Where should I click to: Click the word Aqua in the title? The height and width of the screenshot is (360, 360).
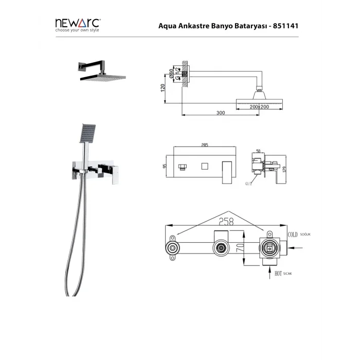point(169,25)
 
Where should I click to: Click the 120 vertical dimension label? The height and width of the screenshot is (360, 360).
point(163,88)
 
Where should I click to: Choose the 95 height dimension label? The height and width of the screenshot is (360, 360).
point(163,166)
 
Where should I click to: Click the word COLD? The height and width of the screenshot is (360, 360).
point(293,234)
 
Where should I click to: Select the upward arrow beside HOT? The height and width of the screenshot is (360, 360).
point(270,272)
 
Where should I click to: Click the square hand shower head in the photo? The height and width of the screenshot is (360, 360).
point(88,132)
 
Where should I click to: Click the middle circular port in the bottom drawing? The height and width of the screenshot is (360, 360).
point(221,248)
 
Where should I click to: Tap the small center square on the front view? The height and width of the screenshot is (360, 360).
point(204,166)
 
